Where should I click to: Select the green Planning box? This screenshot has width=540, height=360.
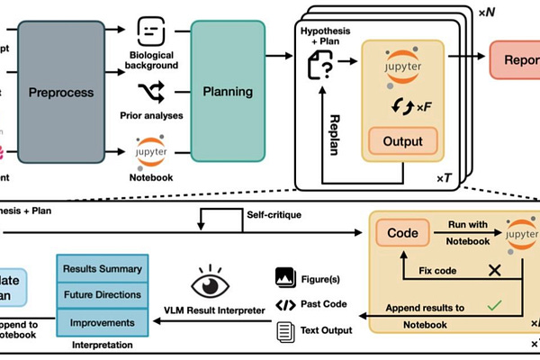[x=227, y=91]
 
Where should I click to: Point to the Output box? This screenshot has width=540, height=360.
[x=403, y=141]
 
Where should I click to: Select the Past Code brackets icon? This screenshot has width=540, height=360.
[x=284, y=303]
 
